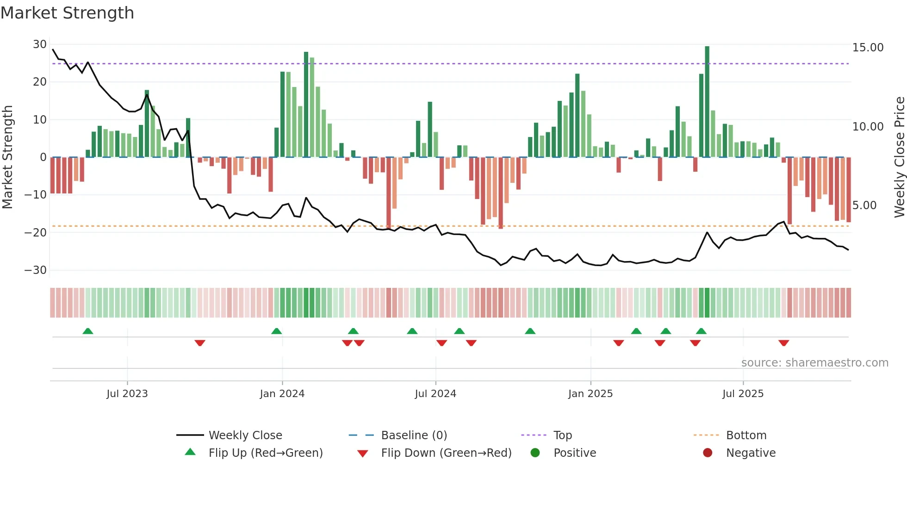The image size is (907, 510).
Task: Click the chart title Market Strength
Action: pos(67,13)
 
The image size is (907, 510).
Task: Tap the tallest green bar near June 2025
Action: pos(707,102)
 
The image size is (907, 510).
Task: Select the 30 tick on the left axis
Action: pos(40,44)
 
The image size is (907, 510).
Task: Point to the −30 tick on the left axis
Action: pos(36,270)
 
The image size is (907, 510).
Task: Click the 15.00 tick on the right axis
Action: pos(868,48)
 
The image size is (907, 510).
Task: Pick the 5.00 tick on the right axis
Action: pos(864,205)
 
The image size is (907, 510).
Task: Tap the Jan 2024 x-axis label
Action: pos(282,394)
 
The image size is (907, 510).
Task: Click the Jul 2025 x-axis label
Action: pos(743,394)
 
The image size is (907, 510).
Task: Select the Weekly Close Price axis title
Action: pos(899,157)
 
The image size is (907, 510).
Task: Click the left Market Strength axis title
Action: pos(7,157)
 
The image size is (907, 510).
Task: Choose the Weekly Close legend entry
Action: pos(245,435)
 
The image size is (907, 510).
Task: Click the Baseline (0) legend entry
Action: pos(414,435)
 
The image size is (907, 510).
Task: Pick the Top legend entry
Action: pos(563,435)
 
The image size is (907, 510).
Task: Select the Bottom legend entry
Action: pos(746,435)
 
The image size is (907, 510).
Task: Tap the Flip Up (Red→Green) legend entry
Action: pos(266,453)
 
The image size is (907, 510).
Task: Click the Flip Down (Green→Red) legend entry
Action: pos(446,453)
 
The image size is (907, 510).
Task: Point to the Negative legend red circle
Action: pos(708,453)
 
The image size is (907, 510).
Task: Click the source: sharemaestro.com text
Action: pos(814,363)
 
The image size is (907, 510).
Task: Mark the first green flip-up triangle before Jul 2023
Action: pos(88,331)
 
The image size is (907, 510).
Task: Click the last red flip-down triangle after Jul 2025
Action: pos(783,343)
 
